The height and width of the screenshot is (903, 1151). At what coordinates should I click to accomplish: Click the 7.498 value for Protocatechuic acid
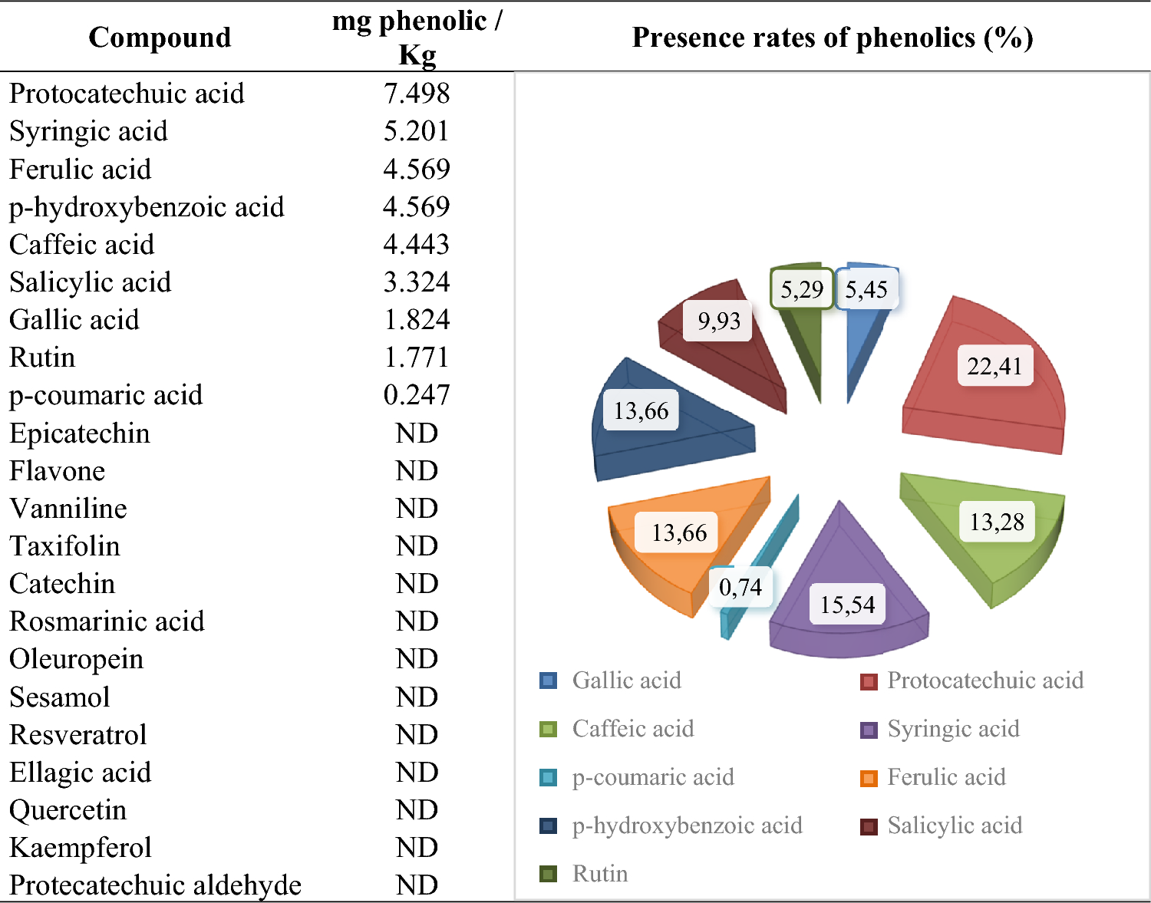click(416, 94)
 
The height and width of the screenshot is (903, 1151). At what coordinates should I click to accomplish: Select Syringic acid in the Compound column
click(88, 131)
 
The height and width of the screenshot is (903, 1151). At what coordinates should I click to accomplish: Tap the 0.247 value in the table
click(416, 395)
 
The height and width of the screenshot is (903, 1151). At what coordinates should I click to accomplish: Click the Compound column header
click(160, 37)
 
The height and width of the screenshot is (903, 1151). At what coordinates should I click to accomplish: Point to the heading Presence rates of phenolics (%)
click(832, 37)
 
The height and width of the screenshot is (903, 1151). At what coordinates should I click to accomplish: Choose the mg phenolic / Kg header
click(417, 37)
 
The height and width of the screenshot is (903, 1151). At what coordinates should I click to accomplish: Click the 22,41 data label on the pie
click(994, 366)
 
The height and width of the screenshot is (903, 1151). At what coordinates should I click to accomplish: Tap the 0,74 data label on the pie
click(740, 587)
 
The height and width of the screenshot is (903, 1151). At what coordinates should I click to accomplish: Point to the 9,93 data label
click(718, 321)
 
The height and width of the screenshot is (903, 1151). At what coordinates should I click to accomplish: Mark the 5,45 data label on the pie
click(866, 289)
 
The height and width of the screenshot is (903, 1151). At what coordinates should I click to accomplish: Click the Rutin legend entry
click(599, 874)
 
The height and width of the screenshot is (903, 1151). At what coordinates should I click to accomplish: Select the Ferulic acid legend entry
click(945, 777)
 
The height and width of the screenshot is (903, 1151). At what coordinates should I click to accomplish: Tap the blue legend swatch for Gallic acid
click(548, 681)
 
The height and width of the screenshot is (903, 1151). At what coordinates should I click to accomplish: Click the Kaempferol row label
click(81, 848)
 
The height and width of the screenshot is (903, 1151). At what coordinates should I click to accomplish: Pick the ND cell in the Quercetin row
click(417, 810)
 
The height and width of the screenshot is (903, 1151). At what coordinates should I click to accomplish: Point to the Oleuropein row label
click(77, 659)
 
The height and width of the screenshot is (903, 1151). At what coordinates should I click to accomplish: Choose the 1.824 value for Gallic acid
click(416, 320)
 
